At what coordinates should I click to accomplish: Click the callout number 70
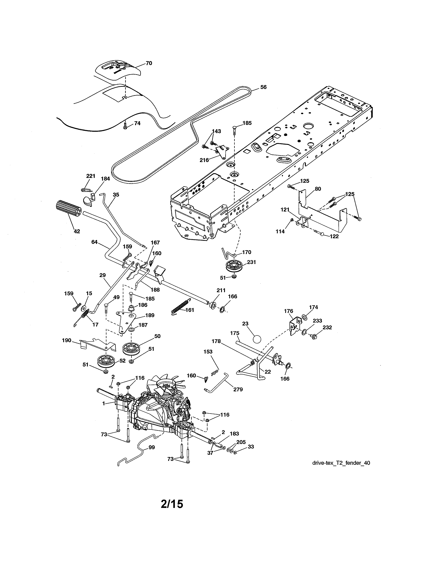click(149, 63)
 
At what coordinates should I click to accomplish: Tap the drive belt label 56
click(263, 87)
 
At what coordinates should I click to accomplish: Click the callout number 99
click(152, 447)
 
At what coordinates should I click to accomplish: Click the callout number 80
click(318, 189)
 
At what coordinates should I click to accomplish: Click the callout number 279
click(238, 389)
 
